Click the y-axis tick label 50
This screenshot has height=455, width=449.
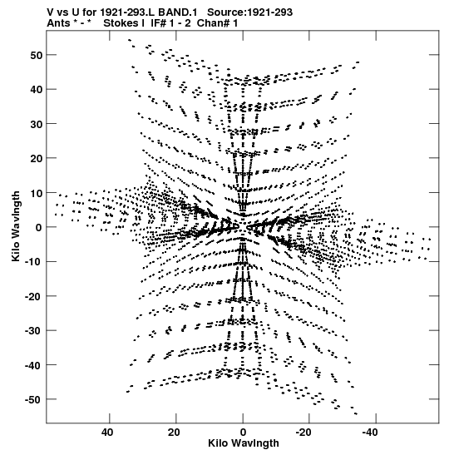click(36, 55)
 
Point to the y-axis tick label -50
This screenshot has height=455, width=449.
click(33, 399)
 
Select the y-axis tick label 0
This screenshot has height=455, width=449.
click(39, 228)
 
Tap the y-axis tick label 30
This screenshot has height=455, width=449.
click(36, 124)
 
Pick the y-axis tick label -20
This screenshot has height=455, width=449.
click(33, 296)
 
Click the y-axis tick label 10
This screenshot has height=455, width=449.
click(36, 193)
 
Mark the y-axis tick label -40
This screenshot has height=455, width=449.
click(33, 365)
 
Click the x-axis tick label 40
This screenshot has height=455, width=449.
click(107, 433)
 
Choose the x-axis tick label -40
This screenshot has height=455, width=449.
click(370, 433)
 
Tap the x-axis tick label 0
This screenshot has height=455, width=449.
click(243, 433)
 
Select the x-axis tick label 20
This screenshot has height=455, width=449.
click(174, 433)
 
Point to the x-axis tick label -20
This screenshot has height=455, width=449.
click(303, 433)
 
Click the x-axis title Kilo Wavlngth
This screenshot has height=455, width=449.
click(244, 443)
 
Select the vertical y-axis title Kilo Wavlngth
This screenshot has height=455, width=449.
click(16, 226)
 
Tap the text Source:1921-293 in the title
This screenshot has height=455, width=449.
click(250, 12)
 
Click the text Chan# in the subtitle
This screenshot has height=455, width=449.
click(214, 23)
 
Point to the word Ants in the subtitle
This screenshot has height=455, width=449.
click(58, 23)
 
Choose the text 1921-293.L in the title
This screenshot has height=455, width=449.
click(128, 12)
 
